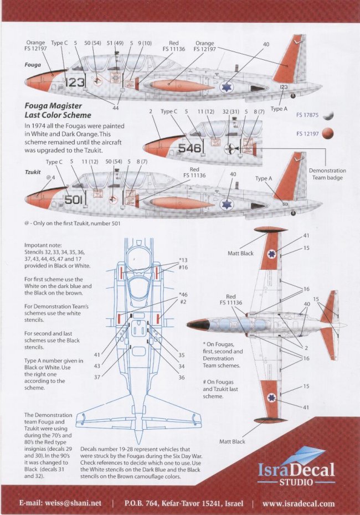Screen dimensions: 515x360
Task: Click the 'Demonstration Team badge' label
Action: tap(327, 174)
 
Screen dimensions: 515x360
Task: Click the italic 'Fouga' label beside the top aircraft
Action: tap(33, 64)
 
